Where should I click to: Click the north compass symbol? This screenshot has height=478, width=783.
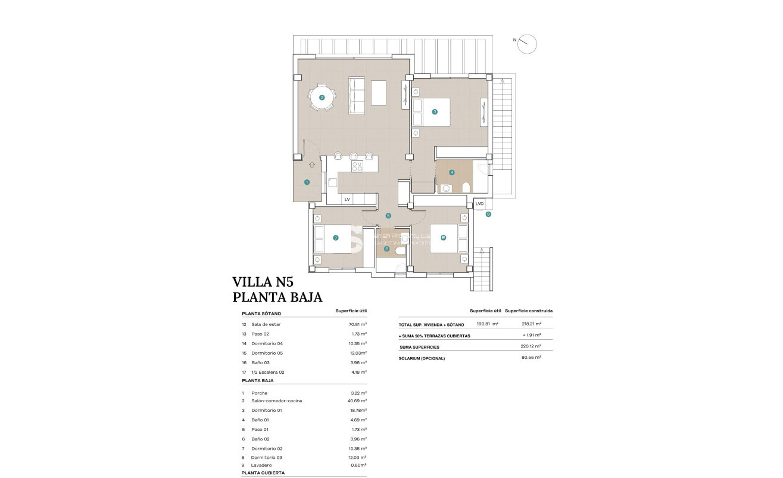tap(527, 44)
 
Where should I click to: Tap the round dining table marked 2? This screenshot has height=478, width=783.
tap(322, 98)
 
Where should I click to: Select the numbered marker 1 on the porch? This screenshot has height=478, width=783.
tap(307, 182)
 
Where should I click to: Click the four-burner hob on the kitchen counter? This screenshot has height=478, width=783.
tap(357, 166)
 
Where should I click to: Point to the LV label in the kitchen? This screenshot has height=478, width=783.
tap(347, 199)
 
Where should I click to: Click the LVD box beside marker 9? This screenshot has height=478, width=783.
tap(479, 204)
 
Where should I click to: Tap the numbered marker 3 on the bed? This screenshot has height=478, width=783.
tap(435, 111)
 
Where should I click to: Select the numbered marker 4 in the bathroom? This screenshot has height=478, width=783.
tap(452, 173)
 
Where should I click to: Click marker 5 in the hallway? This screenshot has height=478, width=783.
tap(388, 216)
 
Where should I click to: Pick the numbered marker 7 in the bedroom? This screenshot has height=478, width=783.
tap(336, 238)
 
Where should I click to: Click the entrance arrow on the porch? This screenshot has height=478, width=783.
tap(312, 164)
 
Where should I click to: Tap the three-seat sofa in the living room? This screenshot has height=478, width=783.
tap(357, 96)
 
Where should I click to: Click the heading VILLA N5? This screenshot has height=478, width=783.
tap(263, 282)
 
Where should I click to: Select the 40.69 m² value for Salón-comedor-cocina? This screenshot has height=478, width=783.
tap(357, 401)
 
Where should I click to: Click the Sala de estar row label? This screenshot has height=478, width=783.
tap(266, 324)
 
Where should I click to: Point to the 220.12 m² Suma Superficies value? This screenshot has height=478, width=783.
tap(531, 346)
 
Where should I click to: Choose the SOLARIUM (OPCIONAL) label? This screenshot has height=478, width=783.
tap(422, 358)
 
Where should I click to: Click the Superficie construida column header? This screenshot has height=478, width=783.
tap(529, 311)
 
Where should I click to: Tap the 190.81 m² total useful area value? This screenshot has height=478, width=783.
tap(488, 324)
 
